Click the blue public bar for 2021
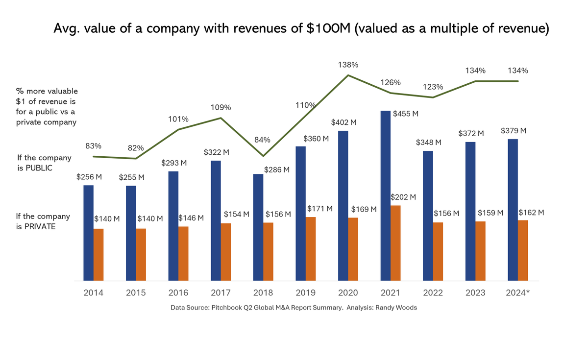386,196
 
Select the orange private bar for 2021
395,243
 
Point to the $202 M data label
404,197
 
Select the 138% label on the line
348,65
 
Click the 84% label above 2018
262,140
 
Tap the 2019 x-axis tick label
306,293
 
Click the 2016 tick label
178,293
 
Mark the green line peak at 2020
348,75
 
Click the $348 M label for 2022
429,142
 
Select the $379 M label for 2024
514,131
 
